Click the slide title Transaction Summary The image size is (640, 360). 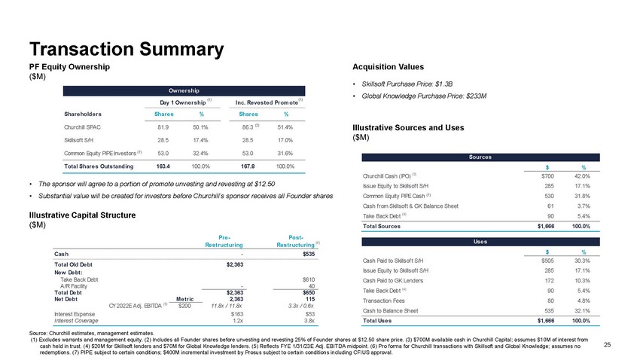click(126, 49)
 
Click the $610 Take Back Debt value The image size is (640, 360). click(308, 279)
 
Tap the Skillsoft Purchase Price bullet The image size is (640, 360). click(410, 83)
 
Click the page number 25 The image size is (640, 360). click(608, 344)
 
